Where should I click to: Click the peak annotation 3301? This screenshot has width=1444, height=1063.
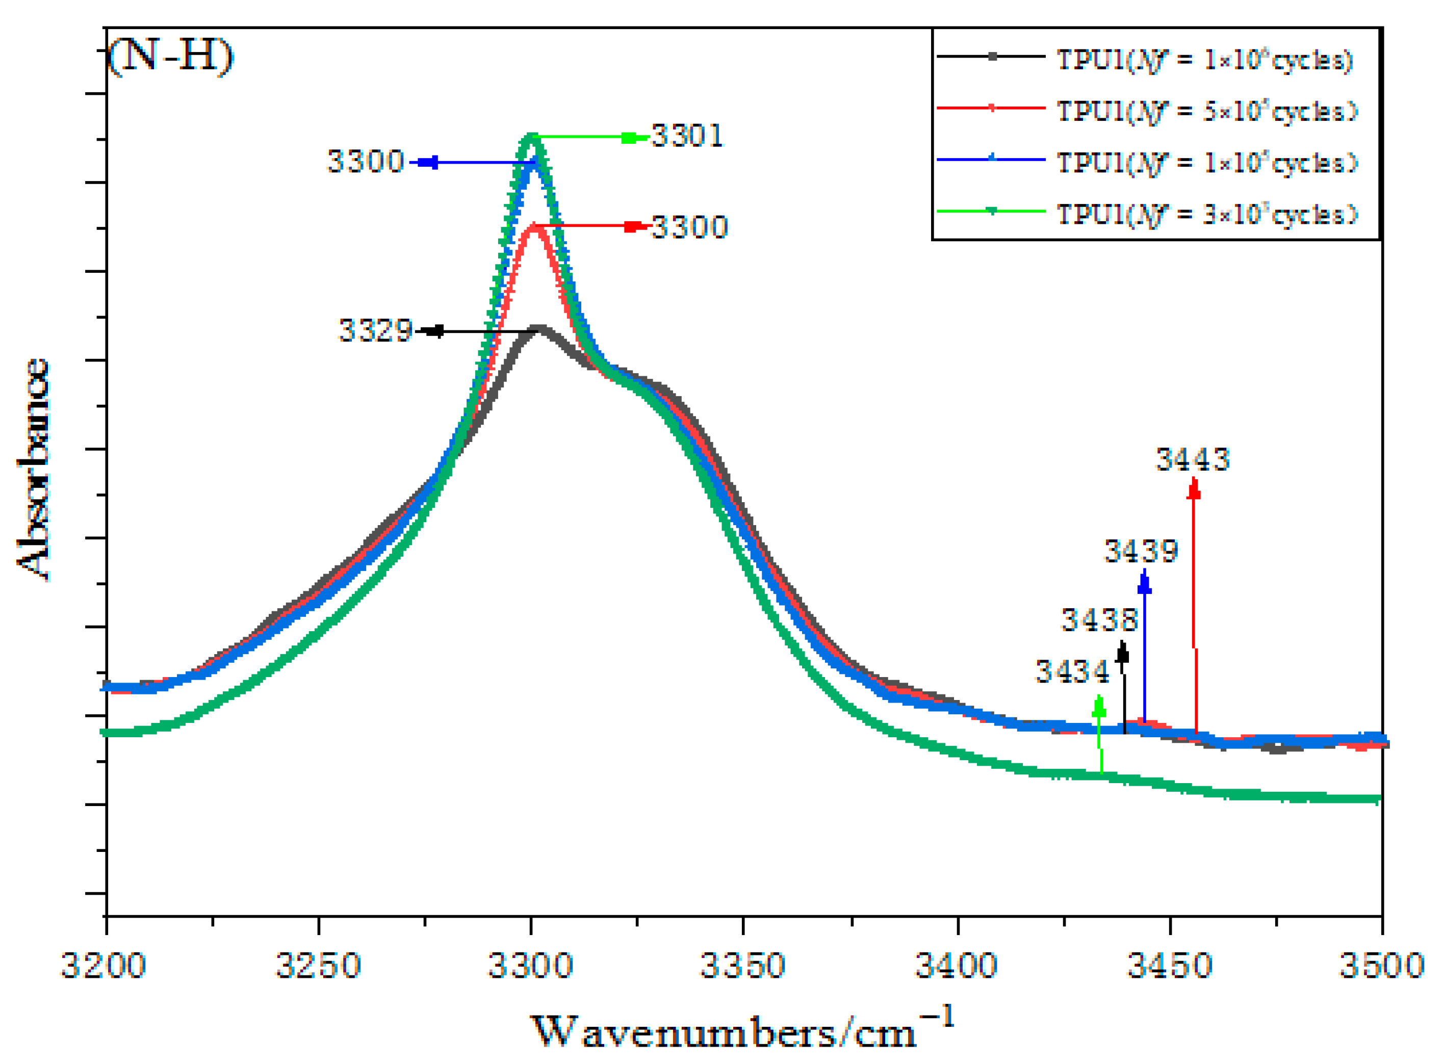click(x=687, y=136)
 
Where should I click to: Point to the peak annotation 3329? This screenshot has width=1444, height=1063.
click(x=375, y=331)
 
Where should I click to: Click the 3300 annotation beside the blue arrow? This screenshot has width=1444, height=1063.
click(x=366, y=161)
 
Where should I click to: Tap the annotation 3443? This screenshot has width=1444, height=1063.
click(x=1193, y=459)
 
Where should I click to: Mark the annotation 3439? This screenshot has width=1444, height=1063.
click(x=1141, y=552)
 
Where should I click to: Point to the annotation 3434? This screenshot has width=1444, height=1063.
click(x=1072, y=672)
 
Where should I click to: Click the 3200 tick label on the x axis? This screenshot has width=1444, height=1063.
click(x=104, y=966)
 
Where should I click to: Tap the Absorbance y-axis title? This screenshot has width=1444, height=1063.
click(x=34, y=470)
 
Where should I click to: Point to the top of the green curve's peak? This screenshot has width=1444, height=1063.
click(x=531, y=137)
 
